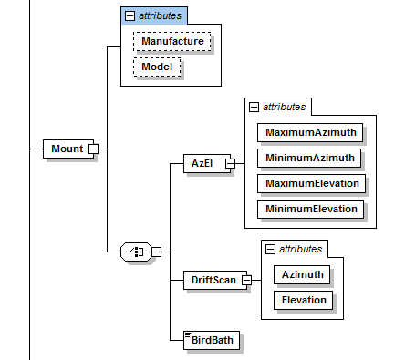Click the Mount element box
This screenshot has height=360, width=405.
[68, 149]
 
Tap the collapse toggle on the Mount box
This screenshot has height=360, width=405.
[93, 149]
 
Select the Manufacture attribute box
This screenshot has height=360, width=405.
[172, 41]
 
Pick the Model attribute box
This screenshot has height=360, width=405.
[157, 67]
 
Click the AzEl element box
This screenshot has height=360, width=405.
[207, 163]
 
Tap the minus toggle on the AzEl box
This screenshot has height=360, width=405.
[230, 163]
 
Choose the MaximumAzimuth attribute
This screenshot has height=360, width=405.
[310, 132]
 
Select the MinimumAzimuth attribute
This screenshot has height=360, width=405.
[309, 158]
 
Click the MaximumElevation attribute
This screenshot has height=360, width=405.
[311, 183]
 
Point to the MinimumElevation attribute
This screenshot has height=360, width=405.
[310, 209]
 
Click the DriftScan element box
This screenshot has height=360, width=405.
[215, 280]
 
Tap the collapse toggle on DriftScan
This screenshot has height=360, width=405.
[246, 280]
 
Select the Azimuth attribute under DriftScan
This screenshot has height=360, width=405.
[302, 274]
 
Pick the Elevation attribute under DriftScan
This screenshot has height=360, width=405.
[303, 300]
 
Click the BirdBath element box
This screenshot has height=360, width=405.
[212, 340]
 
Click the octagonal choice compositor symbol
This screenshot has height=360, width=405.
[136, 252]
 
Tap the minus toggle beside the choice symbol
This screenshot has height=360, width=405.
[156, 252]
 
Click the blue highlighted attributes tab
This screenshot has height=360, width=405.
[154, 15]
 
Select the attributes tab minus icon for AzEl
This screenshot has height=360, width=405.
[254, 107]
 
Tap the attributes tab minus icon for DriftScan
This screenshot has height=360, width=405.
[270, 249]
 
